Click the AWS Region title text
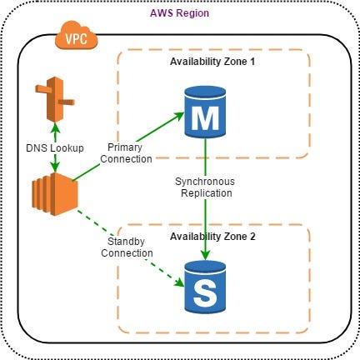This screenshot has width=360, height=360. (179, 15)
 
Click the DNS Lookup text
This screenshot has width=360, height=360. (54, 147)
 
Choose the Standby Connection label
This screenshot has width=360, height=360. (127, 247)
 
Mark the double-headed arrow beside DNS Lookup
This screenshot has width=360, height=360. (55, 147)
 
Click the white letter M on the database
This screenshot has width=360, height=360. (204, 120)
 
